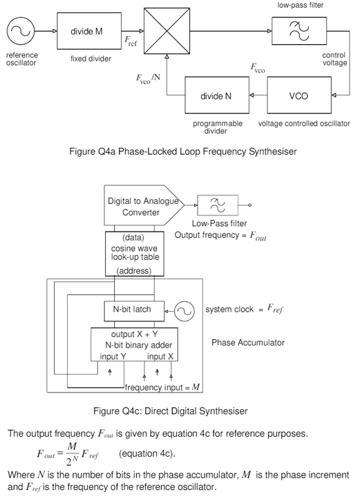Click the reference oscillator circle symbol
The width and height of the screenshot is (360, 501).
tap(21, 31)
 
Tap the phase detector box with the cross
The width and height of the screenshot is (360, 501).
tap(166, 31)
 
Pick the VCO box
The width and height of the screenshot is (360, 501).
tap(299, 96)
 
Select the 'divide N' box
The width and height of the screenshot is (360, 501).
tap(216, 96)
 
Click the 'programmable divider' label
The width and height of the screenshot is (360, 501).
tap(218, 127)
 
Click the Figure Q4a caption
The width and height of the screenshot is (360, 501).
tap(179, 151)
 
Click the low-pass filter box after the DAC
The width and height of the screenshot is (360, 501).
tap(216, 205)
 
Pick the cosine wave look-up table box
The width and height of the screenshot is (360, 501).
tap(136, 253)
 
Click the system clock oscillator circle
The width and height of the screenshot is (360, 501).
tap(184, 311)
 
